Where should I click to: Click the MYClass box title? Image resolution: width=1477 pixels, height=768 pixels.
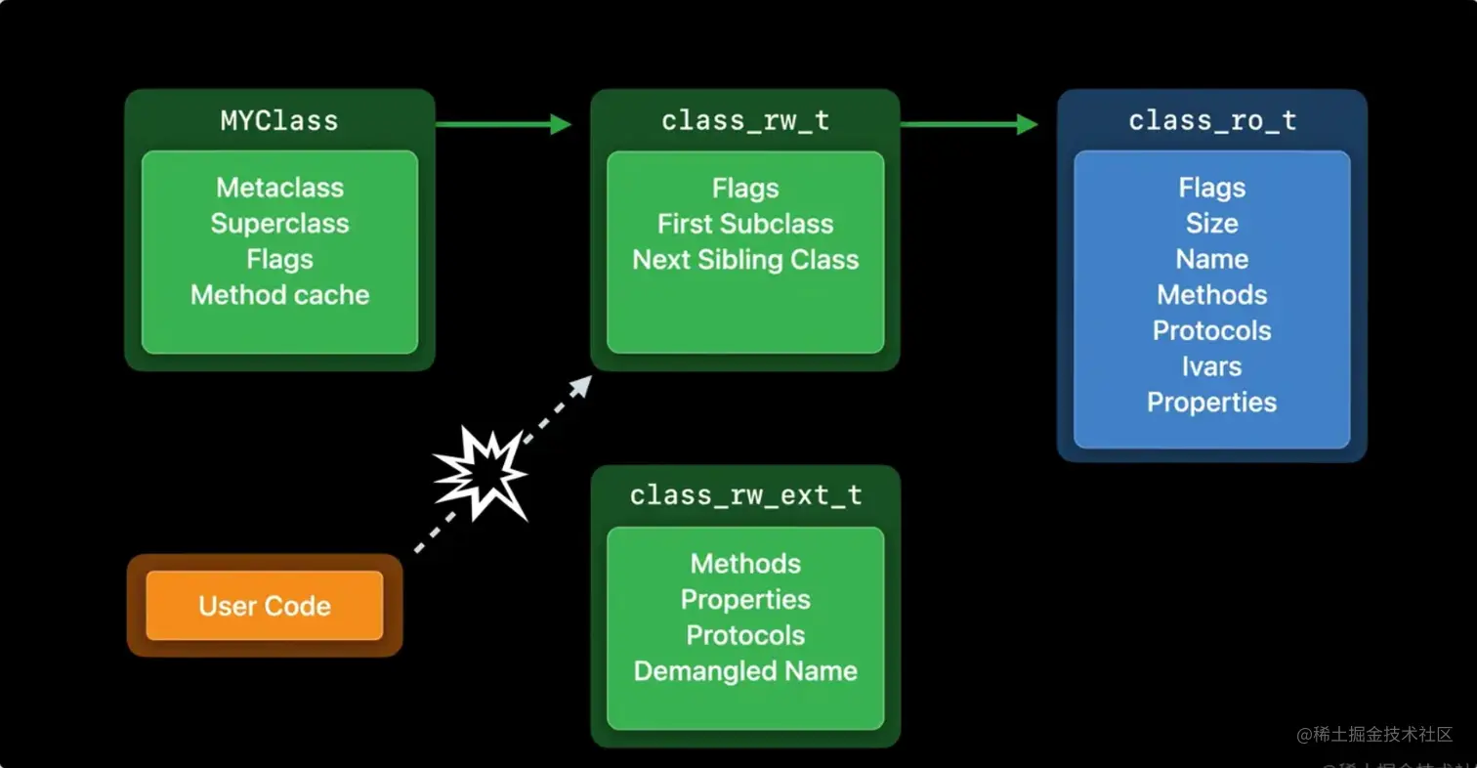click(x=279, y=121)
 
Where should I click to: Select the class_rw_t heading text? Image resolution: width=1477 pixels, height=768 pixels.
click(x=744, y=121)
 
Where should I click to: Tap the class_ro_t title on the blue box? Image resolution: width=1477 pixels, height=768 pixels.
click(x=1211, y=121)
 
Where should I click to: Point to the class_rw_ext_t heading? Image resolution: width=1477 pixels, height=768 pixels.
click(x=745, y=496)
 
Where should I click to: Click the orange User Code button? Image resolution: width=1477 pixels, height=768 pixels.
click(x=265, y=606)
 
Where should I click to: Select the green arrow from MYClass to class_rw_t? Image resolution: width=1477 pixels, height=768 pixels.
click(x=502, y=124)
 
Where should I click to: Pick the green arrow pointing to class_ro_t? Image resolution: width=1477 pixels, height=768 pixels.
click(x=968, y=124)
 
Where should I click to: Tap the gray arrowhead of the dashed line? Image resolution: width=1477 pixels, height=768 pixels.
click(x=582, y=384)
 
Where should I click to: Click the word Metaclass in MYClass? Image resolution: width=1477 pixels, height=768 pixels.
click(x=279, y=188)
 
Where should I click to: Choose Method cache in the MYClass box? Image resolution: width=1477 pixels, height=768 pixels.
click(x=279, y=295)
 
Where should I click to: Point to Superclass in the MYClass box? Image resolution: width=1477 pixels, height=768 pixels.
click(x=279, y=224)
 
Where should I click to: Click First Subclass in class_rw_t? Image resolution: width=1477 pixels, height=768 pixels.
click(x=745, y=224)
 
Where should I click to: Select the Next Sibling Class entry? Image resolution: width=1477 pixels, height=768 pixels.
click(x=745, y=260)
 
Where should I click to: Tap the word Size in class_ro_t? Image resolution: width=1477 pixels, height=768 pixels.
click(x=1211, y=224)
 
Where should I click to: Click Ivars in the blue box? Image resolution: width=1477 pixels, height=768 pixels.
click(x=1211, y=366)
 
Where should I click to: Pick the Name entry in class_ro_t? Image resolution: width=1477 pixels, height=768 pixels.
click(x=1211, y=260)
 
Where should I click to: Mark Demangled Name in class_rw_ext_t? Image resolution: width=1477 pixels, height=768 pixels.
click(x=745, y=671)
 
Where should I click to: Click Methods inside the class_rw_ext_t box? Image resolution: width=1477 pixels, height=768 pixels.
click(x=745, y=564)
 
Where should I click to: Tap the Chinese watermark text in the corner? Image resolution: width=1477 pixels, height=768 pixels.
click(x=1374, y=735)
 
